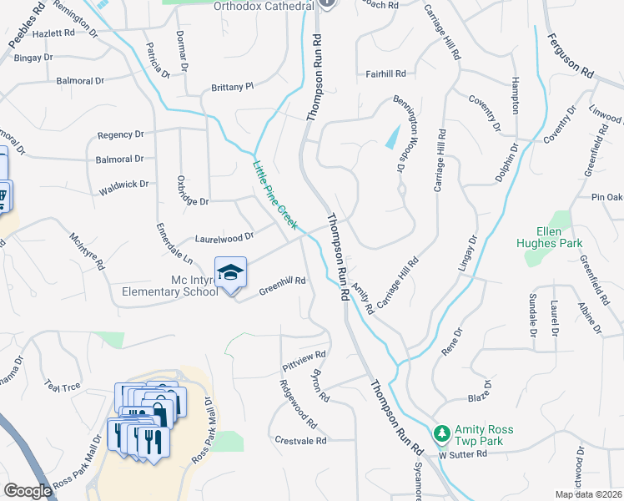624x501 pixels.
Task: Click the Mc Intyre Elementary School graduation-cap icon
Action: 231,272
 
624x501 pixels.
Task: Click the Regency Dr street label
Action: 120,134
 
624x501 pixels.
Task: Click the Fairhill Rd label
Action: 385,73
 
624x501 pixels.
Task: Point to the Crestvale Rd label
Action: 300,439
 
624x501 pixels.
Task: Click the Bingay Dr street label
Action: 33,58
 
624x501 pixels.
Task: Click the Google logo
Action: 28,490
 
